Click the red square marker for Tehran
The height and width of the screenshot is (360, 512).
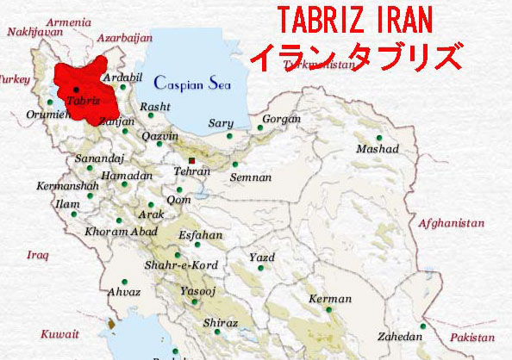coord(192,159)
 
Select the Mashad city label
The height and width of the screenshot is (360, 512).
coord(378,149)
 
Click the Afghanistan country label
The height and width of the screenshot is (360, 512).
coord(452,223)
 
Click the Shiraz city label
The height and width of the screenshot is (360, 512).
coord(221,323)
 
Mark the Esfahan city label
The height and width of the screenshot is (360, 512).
coord(200,235)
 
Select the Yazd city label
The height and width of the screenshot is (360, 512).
coord(261,258)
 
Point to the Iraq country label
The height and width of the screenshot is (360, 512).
coord(38,255)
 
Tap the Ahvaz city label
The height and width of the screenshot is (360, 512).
coord(123,293)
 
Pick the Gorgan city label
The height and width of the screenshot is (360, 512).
coord(282,119)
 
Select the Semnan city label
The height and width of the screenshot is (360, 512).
coord(251,177)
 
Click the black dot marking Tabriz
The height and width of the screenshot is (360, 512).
coord(75,89)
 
